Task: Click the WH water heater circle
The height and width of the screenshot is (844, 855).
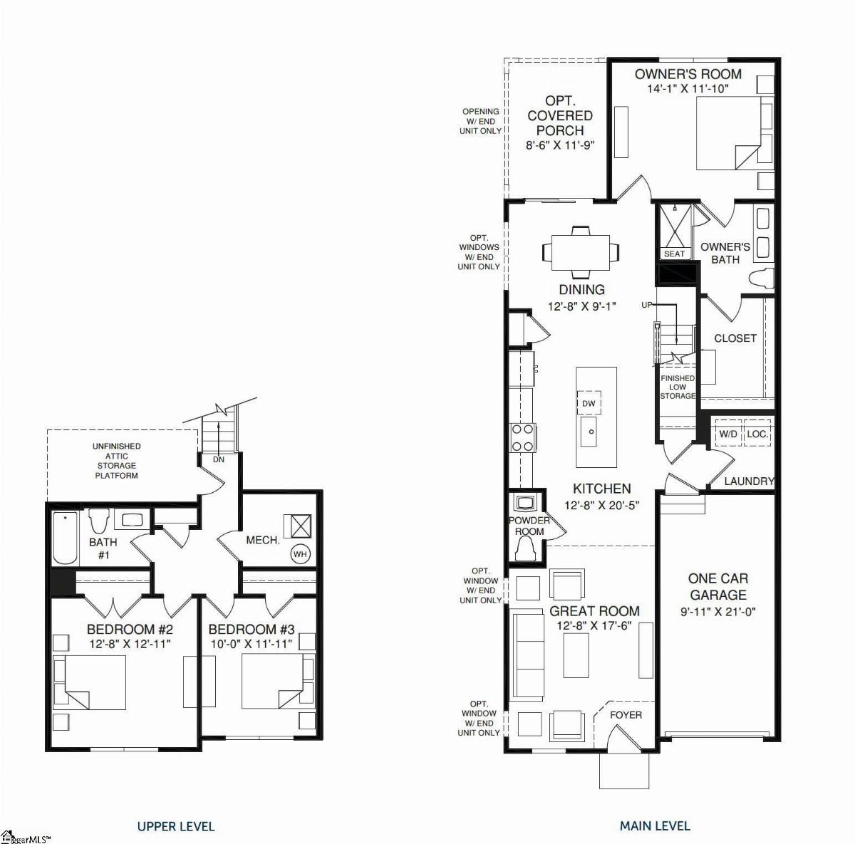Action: tap(301, 554)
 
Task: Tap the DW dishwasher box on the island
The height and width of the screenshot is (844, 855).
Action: tap(589, 403)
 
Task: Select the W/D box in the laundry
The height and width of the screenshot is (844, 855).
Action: tap(727, 434)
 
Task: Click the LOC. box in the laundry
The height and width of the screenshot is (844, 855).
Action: tap(757, 434)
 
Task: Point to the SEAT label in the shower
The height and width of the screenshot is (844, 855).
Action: tap(674, 254)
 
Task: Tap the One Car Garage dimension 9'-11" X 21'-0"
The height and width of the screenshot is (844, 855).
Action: tap(718, 612)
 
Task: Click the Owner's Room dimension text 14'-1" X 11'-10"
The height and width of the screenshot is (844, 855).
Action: tap(688, 88)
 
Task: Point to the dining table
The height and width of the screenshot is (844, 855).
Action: tap(581, 252)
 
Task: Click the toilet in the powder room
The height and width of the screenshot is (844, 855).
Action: tap(525, 549)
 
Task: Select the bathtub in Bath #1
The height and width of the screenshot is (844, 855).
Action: tap(65, 538)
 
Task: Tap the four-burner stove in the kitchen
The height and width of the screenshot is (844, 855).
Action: tap(523, 438)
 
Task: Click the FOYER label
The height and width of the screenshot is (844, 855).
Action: tap(626, 715)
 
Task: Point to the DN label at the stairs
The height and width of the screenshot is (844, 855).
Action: tap(219, 459)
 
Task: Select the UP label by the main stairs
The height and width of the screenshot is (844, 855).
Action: tap(647, 305)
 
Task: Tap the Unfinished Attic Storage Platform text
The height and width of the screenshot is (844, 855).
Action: tap(117, 461)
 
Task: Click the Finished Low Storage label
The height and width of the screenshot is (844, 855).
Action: tap(678, 387)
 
